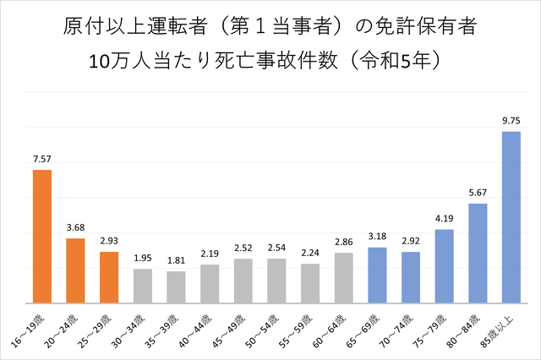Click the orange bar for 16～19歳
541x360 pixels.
click(x=42, y=237)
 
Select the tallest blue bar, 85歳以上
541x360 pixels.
click(x=511, y=217)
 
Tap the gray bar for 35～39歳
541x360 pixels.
click(x=176, y=287)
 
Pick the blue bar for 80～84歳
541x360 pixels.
click(x=478, y=254)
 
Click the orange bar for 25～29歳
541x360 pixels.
click(x=109, y=277)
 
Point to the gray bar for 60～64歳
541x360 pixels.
click(x=344, y=278)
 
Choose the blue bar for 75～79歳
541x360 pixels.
click(x=444, y=266)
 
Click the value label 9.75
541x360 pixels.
click(x=511, y=121)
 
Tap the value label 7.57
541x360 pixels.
click(x=42, y=159)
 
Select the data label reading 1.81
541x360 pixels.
click(x=176, y=260)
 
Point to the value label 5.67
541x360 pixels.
click(x=478, y=193)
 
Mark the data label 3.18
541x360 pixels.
click(x=377, y=237)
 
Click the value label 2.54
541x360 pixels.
click(x=276, y=248)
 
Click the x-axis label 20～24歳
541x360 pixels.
click(x=61, y=330)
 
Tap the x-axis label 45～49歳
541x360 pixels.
click(x=228, y=330)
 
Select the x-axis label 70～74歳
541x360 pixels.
click(x=396, y=330)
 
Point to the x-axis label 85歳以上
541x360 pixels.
click(x=497, y=330)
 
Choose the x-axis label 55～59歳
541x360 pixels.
click(x=295, y=330)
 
